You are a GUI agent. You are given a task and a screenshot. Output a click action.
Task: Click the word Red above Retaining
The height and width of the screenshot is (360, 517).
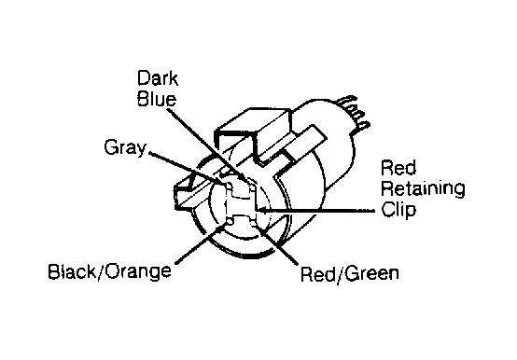click(x=396, y=170)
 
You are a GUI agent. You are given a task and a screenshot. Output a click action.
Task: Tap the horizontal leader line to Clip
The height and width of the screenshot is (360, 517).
click(x=317, y=210)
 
